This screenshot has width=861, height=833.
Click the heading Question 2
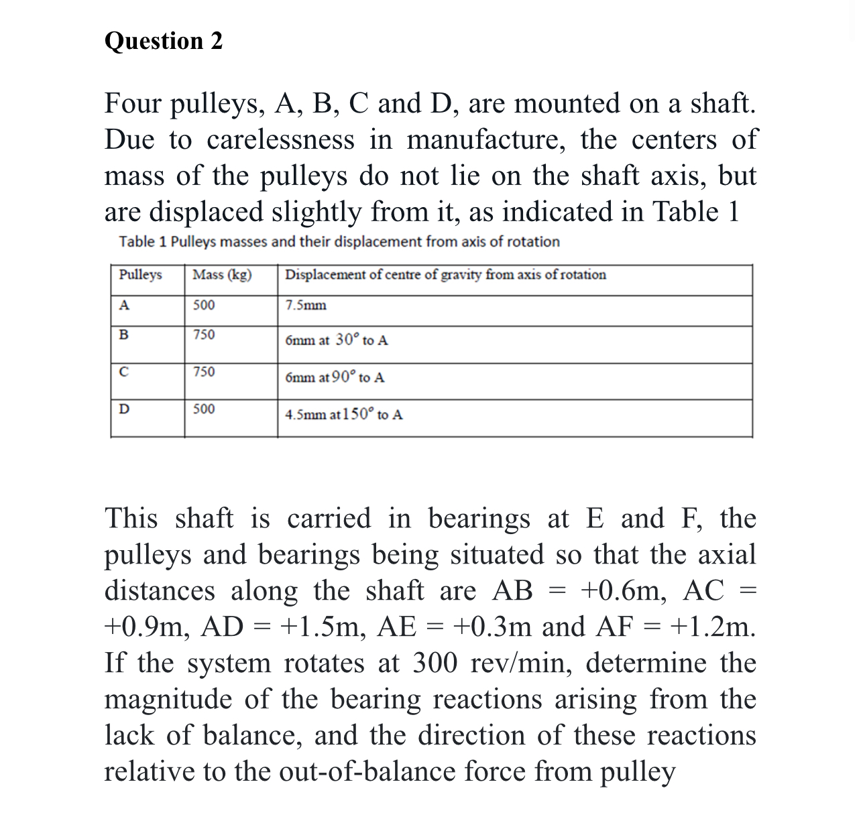(x=164, y=42)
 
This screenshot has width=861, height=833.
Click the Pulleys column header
(x=140, y=275)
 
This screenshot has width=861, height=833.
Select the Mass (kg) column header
(x=222, y=275)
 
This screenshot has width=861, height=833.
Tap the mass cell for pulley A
(x=204, y=306)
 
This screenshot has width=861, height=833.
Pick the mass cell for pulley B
(x=204, y=335)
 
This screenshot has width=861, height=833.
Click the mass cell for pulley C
(x=204, y=372)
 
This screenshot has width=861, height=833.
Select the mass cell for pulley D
(x=204, y=409)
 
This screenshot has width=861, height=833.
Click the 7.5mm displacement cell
(x=306, y=306)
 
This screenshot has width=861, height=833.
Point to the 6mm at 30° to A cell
(x=336, y=340)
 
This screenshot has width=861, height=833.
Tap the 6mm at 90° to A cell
(x=335, y=377)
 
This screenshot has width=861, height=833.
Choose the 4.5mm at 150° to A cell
(x=344, y=415)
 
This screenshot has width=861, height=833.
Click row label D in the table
(x=124, y=409)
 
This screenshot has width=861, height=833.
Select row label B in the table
(x=123, y=335)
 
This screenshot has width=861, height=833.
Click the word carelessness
(x=280, y=140)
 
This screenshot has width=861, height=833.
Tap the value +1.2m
(x=713, y=627)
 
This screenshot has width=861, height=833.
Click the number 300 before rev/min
(x=435, y=663)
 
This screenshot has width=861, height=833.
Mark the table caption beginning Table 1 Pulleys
(x=339, y=242)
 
